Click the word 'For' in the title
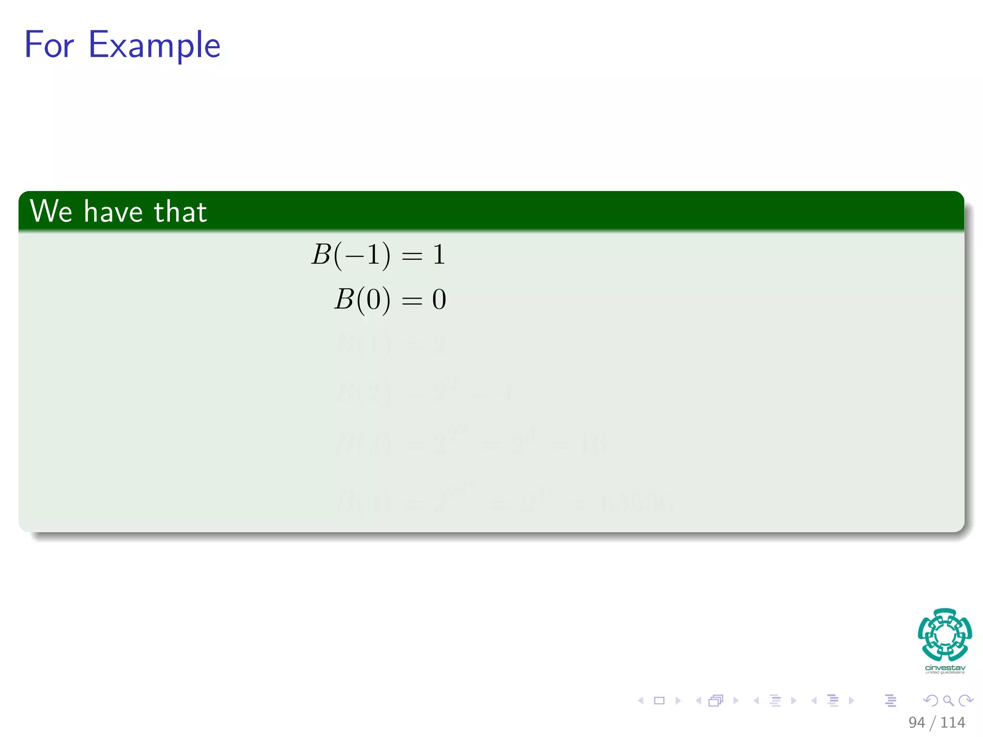[x=49, y=45]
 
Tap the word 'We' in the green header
[x=51, y=211]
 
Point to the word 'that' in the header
[x=180, y=212]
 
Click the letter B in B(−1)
[x=322, y=254]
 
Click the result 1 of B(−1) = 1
[x=439, y=254]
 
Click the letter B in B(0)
[x=344, y=299]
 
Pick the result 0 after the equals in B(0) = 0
[x=439, y=299]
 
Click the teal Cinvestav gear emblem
[x=945, y=634]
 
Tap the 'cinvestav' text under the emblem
[x=945, y=667]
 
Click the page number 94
[x=916, y=722]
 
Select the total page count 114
[x=953, y=722]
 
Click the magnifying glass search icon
[x=948, y=701]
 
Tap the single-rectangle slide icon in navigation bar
[x=659, y=701]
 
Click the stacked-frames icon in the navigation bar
[x=715, y=701]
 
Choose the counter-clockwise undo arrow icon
[x=931, y=701]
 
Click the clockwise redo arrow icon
[x=965, y=701]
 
